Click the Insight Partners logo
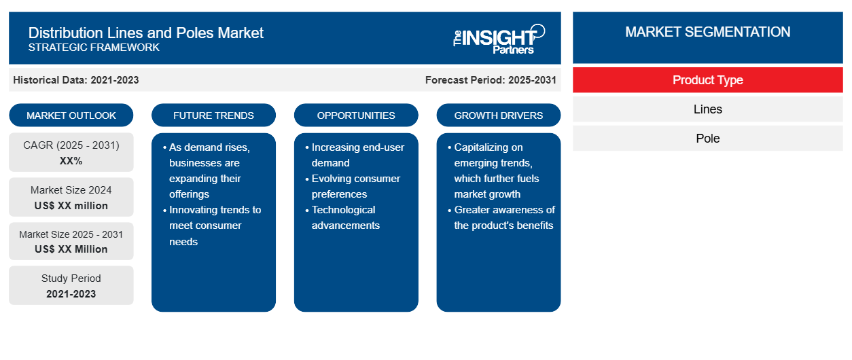click(x=499, y=39)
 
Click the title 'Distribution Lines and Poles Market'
click(x=145, y=33)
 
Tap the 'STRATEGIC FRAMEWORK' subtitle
click(x=94, y=48)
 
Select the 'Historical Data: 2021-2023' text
click(x=76, y=80)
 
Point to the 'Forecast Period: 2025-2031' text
click(x=491, y=80)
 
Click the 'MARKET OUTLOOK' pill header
click(x=71, y=115)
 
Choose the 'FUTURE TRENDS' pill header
click(x=213, y=115)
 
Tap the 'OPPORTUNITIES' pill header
click(x=356, y=115)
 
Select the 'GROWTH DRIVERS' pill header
click(x=498, y=115)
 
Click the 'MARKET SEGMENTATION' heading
click(x=707, y=32)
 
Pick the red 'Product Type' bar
click(x=708, y=80)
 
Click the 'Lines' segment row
click(x=708, y=109)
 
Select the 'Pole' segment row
click(x=708, y=139)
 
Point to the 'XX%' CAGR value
click(x=71, y=161)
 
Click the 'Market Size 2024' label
click(x=71, y=190)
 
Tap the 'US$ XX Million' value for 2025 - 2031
click(x=71, y=249)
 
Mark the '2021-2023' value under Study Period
click(x=71, y=294)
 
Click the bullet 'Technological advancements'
click(x=342, y=217)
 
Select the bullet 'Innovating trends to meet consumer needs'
click(x=212, y=226)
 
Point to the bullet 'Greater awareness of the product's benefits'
click(x=501, y=217)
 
